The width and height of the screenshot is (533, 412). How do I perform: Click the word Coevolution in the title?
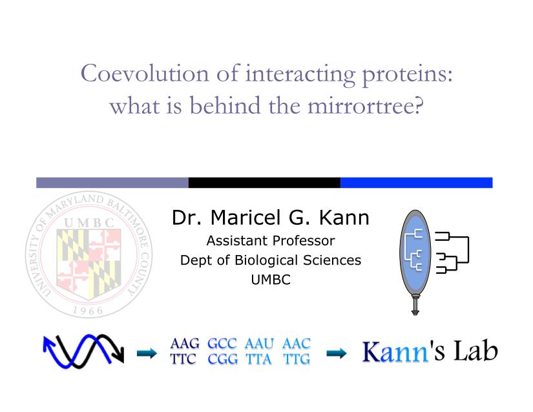[x=145, y=74]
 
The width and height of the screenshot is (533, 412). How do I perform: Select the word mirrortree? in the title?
[x=366, y=106]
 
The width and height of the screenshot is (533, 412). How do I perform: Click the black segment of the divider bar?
[x=264, y=182]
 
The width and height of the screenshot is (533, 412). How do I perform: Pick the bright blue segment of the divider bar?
[x=417, y=182]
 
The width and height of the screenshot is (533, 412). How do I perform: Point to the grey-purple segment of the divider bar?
[x=112, y=182]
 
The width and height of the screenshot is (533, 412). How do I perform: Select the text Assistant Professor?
[x=271, y=241]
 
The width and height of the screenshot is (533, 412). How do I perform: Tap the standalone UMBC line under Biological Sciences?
[x=271, y=280]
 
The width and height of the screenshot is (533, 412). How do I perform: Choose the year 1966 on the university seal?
[x=88, y=311]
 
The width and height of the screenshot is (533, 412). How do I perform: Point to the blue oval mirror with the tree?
[x=415, y=253]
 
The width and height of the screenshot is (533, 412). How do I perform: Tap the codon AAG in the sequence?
[x=185, y=344]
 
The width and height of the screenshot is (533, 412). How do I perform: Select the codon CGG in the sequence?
[x=223, y=359]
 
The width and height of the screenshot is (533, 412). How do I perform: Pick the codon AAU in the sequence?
[x=259, y=344]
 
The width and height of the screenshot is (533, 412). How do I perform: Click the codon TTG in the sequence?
[x=297, y=359]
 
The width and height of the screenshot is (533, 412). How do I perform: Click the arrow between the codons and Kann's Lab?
[x=336, y=353]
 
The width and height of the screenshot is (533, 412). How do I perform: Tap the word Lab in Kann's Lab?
[x=476, y=351]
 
